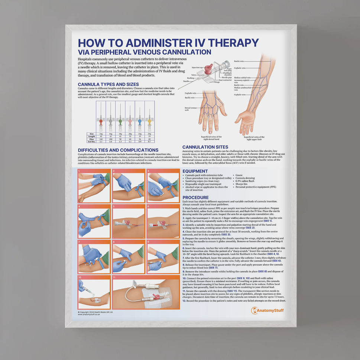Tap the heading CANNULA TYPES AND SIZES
(x=108, y=84)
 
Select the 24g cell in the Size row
(x=149, y=133)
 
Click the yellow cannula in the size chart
(x=149, y=121)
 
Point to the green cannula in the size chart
(x=120, y=121)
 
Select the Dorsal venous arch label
(x=190, y=109)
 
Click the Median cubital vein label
(x=242, y=78)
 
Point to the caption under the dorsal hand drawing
(x=211, y=138)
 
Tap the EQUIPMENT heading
(x=195, y=171)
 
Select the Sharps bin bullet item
(x=241, y=184)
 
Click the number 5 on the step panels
(x=114, y=206)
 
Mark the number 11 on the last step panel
(x=114, y=277)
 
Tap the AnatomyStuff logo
(x=267, y=310)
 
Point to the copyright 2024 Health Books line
(x=95, y=312)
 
